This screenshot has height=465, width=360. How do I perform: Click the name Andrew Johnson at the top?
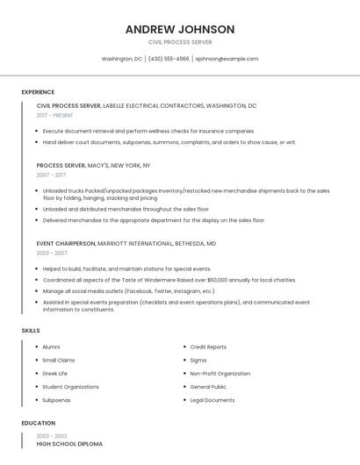[x=180, y=29]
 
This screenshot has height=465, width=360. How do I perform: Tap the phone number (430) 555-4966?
[x=169, y=59]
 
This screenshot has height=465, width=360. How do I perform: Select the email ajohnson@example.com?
[x=227, y=59]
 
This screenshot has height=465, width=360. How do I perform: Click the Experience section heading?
[x=38, y=92]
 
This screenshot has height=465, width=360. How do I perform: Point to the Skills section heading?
[x=31, y=330]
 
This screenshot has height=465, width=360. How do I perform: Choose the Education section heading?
[x=39, y=423]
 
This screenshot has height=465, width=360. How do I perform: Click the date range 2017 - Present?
[x=55, y=115]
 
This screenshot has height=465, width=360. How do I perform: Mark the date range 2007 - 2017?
[x=51, y=175]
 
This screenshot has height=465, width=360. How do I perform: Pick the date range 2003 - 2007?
[x=51, y=253]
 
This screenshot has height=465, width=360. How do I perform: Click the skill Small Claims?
[x=59, y=360]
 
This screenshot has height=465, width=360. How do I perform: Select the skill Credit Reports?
[x=208, y=347]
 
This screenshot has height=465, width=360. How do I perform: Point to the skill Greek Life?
[x=55, y=373]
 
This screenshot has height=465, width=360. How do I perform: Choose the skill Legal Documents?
[x=212, y=400]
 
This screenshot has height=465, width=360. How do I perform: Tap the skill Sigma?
[x=198, y=360]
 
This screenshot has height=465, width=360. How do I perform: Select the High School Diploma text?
[x=69, y=444]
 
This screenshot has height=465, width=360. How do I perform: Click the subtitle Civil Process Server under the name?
[x=180, y=42]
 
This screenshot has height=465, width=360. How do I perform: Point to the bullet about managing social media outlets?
[x=128, y=291]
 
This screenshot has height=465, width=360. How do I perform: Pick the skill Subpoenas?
[x=56, y=400]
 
